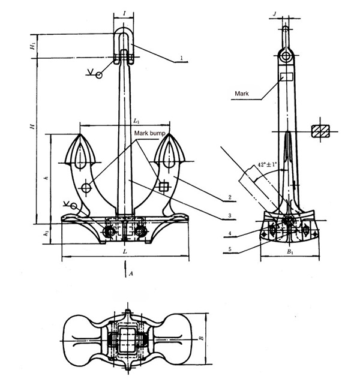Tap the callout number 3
coord(229,215)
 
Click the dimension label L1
coord(137,121)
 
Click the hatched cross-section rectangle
coord(321,132)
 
